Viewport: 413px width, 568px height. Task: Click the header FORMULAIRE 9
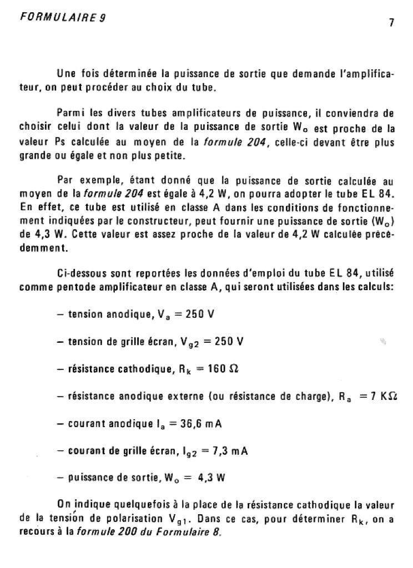click(x=62, y=17)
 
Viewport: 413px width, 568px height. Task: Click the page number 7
click(x=391, y=23)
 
